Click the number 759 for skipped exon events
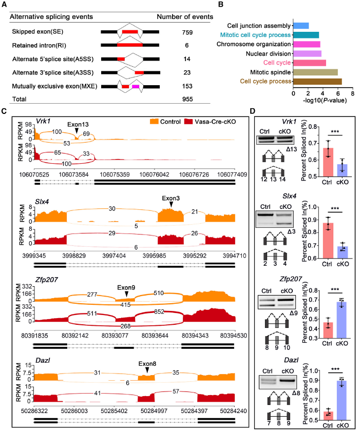point(187,32)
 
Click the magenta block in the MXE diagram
point(136,86)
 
